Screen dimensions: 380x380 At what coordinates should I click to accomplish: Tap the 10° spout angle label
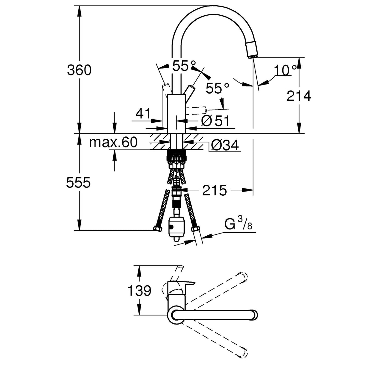click(x=285, y=70)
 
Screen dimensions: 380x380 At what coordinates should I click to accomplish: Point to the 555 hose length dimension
click(x=78, y=182)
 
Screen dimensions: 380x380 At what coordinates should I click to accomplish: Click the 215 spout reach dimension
click(x=214, y=190)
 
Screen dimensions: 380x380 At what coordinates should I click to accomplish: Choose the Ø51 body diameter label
click(x=215, y=121)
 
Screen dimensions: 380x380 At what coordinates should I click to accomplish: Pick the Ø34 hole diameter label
click(x=225, y=145)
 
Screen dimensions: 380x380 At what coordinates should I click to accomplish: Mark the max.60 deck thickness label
click(x=113, y=143)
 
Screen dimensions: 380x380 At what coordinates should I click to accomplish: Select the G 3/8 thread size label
click(x=238, y=224)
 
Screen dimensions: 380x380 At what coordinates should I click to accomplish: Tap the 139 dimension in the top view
click(x=139, y=291)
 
